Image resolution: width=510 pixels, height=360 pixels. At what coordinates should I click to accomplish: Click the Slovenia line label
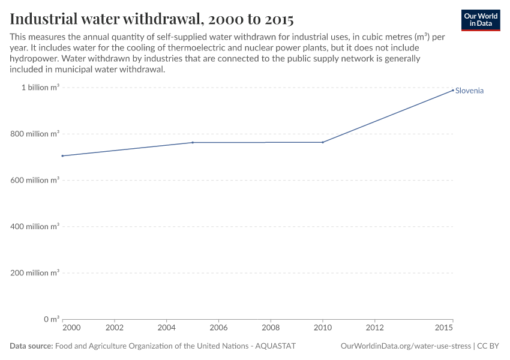[x=469, y=91]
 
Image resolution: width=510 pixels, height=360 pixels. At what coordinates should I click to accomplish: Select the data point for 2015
[x=453, y=90]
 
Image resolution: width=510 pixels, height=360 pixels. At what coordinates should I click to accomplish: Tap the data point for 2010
[x=323, y=142]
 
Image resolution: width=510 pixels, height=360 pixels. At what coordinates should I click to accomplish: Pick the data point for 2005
[x=193, y=142]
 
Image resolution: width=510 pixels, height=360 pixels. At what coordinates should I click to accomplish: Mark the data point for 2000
[x=62, y=156]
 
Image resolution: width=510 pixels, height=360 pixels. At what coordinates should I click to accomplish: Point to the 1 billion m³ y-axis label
[x=40, y=88]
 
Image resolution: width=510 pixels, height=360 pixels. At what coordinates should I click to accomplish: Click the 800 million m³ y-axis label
[x=37, y=134]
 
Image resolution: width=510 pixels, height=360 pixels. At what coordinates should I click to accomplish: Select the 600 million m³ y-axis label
[x=37, y=180]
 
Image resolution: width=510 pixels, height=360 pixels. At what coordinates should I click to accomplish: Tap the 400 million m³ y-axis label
[x=37, y=227]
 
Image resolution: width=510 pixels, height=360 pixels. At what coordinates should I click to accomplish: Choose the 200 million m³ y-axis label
[x=37, y=273]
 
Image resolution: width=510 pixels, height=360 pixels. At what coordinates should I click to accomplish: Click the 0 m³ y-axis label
[x=50, y=319]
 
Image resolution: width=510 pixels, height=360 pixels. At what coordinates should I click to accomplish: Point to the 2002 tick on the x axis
[x=115, y=328]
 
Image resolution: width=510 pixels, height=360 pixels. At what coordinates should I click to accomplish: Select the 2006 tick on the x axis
[x=218, y=328]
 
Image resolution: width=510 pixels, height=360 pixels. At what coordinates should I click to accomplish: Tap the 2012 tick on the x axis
[x=375, y=328]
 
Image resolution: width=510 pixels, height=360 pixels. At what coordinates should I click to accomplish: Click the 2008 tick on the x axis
[x=271, y=328]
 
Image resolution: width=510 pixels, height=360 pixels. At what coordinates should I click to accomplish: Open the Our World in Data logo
[x=480, y=20]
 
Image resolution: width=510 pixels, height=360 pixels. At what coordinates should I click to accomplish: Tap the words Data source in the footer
[x=31, y=346]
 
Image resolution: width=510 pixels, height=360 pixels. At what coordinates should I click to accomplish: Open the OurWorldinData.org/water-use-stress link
[x=405, y=346]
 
